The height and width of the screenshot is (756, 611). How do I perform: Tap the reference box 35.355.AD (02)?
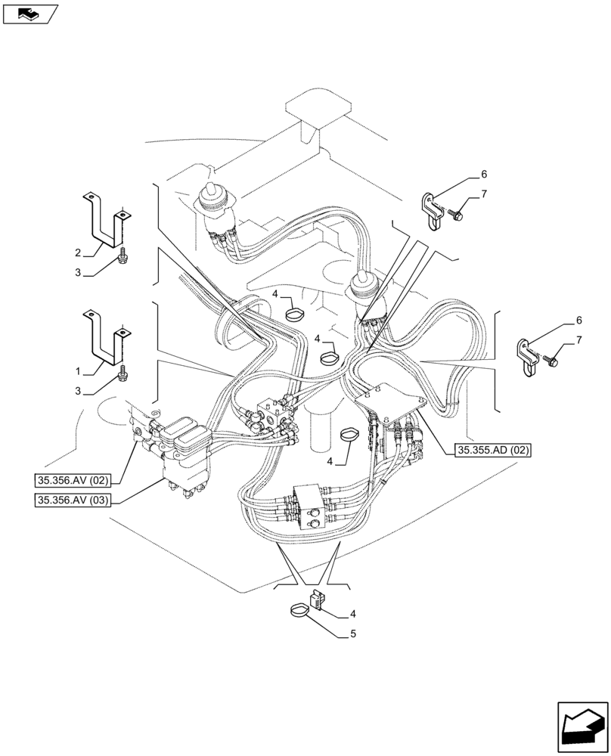[x=494, y=451]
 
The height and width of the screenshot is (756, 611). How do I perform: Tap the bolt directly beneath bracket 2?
[x=122, y=259]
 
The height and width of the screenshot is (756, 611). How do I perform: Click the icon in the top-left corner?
[x=30, y=13]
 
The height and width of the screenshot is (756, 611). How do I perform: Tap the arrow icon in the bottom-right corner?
[x=582, y=727]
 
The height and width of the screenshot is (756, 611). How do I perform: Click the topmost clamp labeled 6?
[x=432, y=209]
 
